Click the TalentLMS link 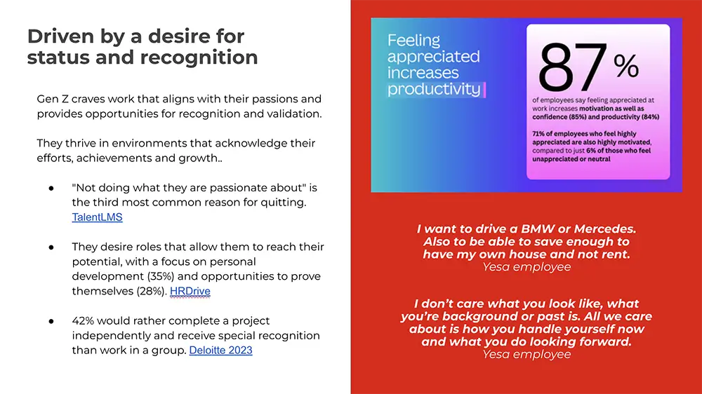pos(97,217)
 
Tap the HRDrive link pos(190,291)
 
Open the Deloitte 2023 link pos(220,350)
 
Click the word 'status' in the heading pos(57,57)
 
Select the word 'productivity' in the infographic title pos(434,89)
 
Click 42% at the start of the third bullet pos(85,320)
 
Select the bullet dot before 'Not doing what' pos(51,189)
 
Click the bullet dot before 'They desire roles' pos(51,247)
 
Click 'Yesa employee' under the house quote pos(526,266)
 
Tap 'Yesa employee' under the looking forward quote pos(526,355)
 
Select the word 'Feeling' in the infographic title pos(413,41)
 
